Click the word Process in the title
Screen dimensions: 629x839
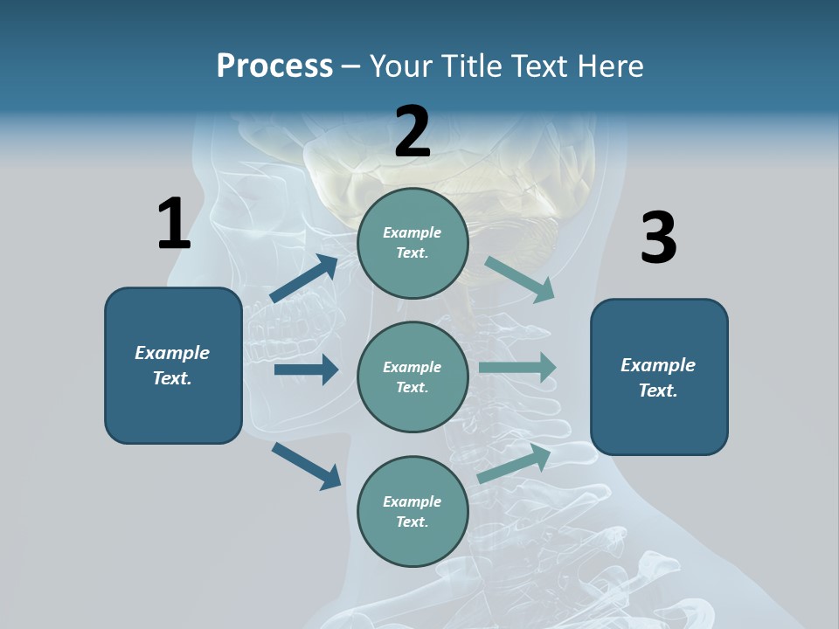[x=274, y=66]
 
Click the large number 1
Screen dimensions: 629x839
[x=174, y=224]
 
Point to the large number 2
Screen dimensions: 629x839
[x=413, y=132]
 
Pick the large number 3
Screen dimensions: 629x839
[x=658, y=238]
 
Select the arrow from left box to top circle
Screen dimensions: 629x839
[x=304, y=279]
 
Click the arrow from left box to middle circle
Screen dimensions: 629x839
[x=306, y=370]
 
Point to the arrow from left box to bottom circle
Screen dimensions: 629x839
[x=306, y=465]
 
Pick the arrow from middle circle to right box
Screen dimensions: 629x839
[x=517, y=367]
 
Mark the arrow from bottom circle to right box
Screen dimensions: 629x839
[x=515, y=463]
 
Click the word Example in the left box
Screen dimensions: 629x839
[x=172, y=353]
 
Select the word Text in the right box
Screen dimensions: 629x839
[x=657, y=391]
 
